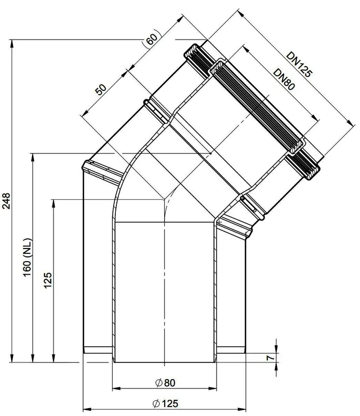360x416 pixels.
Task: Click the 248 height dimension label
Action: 6,201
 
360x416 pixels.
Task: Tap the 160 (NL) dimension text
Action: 28,258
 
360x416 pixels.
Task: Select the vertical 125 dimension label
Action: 48,280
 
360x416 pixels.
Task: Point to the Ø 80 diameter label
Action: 165,383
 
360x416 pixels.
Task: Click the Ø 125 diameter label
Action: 166,404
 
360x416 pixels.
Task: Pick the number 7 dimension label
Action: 270,358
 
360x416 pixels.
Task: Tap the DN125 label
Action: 300,64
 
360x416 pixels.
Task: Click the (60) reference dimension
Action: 152,38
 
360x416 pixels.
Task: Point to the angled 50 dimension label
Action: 101,89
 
